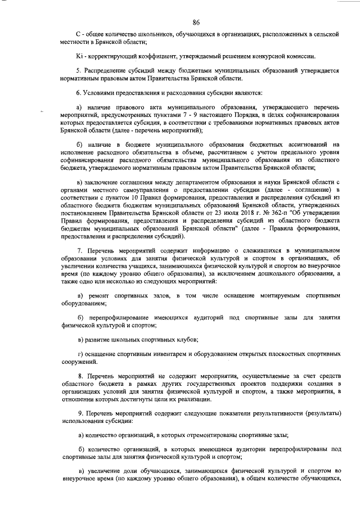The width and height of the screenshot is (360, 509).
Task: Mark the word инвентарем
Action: click(x=169, y=354)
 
